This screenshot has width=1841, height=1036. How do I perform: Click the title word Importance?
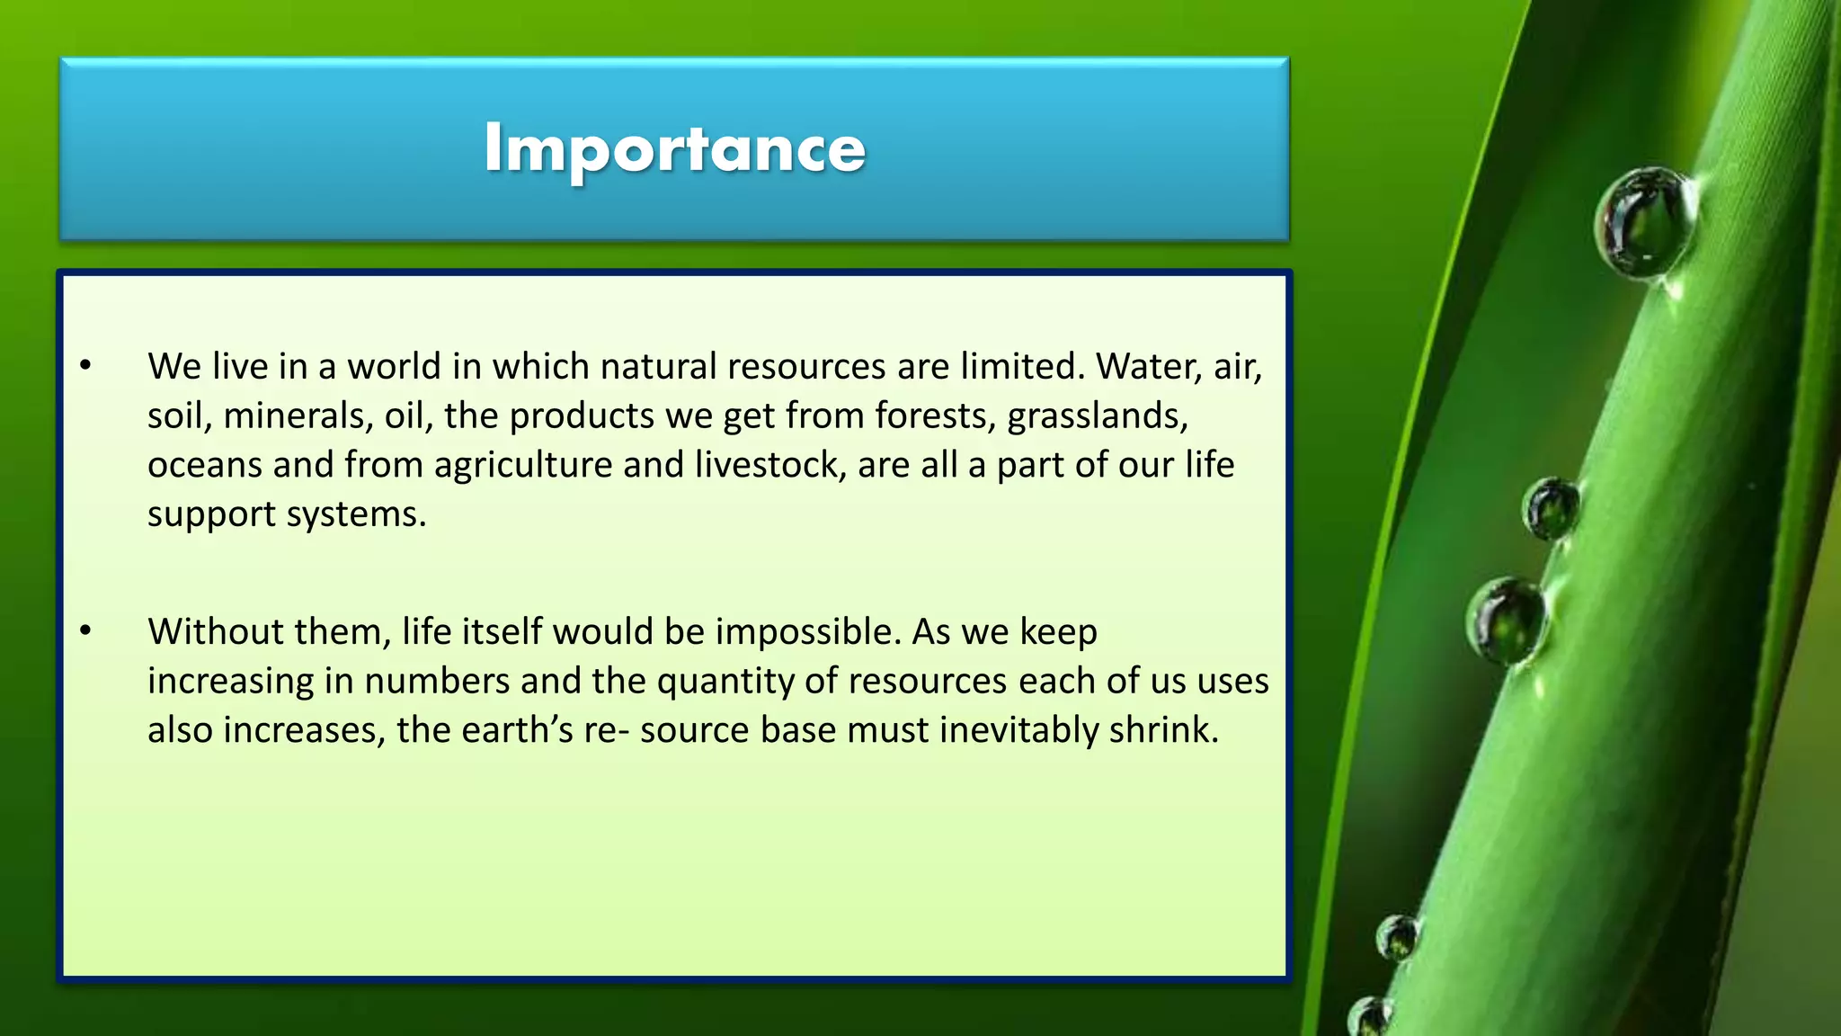(674, 149)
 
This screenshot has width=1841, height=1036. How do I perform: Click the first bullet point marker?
(85, 366)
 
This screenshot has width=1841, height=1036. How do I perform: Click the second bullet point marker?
(85, 631)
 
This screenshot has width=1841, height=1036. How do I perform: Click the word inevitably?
(1018, 730)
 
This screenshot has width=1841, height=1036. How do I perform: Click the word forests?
(935, 416)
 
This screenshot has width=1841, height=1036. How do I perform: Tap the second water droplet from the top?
(1550, 508)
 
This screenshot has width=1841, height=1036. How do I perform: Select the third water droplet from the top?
(1507, 620)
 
